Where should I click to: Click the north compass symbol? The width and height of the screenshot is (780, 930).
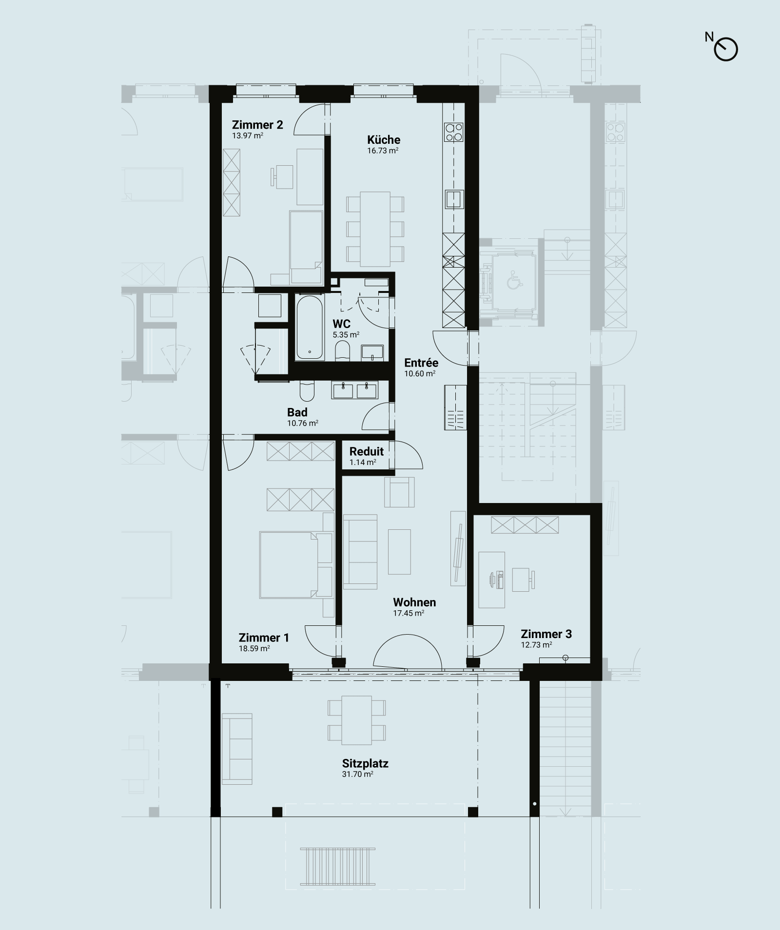726,49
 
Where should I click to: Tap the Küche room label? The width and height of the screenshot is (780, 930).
384,139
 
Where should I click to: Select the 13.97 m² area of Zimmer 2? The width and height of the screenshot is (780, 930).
248,136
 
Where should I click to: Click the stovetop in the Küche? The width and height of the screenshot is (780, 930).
453,132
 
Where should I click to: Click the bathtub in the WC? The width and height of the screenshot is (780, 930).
310,327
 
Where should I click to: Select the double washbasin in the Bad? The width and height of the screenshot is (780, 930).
355,390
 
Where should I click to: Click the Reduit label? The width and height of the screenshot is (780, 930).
367,451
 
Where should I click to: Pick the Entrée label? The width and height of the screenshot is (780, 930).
421,363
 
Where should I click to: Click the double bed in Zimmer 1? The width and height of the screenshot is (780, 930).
295,565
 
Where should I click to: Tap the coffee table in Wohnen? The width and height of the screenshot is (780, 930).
399,552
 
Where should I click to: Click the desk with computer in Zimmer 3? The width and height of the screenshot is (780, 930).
491,580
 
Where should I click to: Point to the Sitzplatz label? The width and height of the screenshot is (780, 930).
365,763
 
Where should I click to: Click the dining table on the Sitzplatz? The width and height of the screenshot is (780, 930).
357,720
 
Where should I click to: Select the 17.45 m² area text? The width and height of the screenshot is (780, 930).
409,613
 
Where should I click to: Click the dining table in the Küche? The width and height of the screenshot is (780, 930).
375,229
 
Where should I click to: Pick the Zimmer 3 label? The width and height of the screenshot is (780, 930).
546,634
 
